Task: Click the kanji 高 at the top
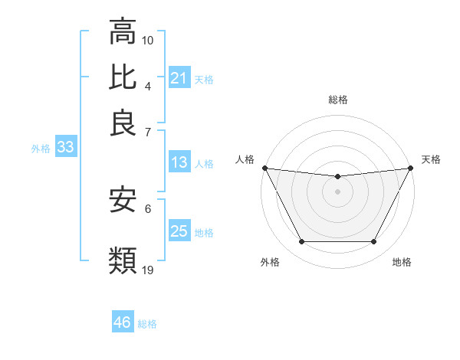point(123,33)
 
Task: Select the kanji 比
point(123,77)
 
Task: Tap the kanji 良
point(123,122)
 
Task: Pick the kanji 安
point(123,201)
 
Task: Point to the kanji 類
point(123,260)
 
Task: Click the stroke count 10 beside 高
point(148,40)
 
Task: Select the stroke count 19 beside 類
point(148,269)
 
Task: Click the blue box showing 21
point(179,78)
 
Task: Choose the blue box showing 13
point(179,162)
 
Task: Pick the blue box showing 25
point(179,231)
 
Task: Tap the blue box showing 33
point(64,148)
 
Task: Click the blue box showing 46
point(122,322)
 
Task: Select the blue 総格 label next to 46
point(147,324)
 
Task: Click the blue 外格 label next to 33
point(41,149)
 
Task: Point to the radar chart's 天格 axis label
point(432,159)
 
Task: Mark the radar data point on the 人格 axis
point(264,168)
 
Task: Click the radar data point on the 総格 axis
point(337,177)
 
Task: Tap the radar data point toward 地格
point(374,242)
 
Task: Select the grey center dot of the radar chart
point(337,191)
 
